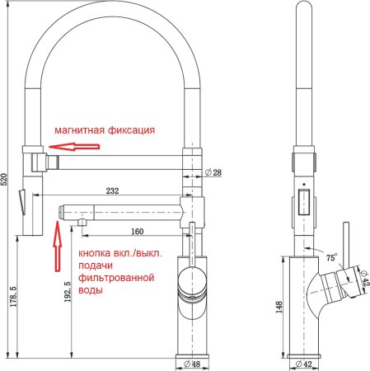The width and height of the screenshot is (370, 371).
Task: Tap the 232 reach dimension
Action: point(112,190)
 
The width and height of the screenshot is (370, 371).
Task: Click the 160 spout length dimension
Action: point(138,230)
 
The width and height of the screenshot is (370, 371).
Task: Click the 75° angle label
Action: point(331,257)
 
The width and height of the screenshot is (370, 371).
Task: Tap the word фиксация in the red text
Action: point(130,130)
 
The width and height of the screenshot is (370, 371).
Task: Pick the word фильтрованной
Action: point(116,279)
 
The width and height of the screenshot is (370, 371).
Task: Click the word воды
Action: point(91,292)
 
